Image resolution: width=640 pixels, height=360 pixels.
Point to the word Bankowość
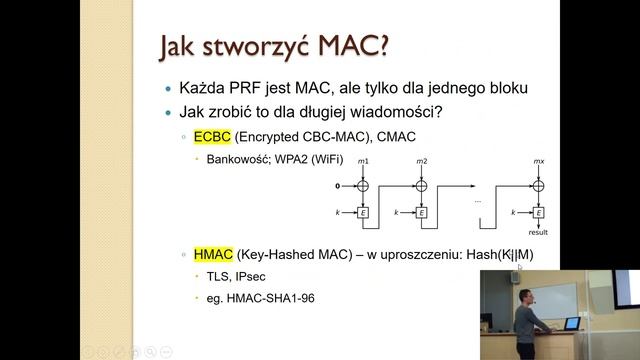click(x=237, y=159)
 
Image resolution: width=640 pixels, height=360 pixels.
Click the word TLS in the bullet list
click(x=217, y=276)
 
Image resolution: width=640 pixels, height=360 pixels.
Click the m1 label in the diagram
click(x=363, y=161)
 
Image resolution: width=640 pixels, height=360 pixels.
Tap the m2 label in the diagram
click(x=421, y=161)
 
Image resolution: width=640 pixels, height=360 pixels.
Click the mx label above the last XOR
click(x=540, y=161)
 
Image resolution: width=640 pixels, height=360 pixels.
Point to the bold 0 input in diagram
click(x=337, y=186)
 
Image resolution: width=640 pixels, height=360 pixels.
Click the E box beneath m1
click(x=363, y=212)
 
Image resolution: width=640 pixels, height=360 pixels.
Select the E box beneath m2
click(x=421, y=212)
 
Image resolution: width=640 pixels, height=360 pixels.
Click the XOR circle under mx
click(x=540, y=186)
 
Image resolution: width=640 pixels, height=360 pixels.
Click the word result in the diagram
click(x=539, y=232)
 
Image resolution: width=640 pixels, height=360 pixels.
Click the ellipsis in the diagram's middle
click(x=478, y=201)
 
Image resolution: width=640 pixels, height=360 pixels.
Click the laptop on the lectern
click(x=570, y=325)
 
